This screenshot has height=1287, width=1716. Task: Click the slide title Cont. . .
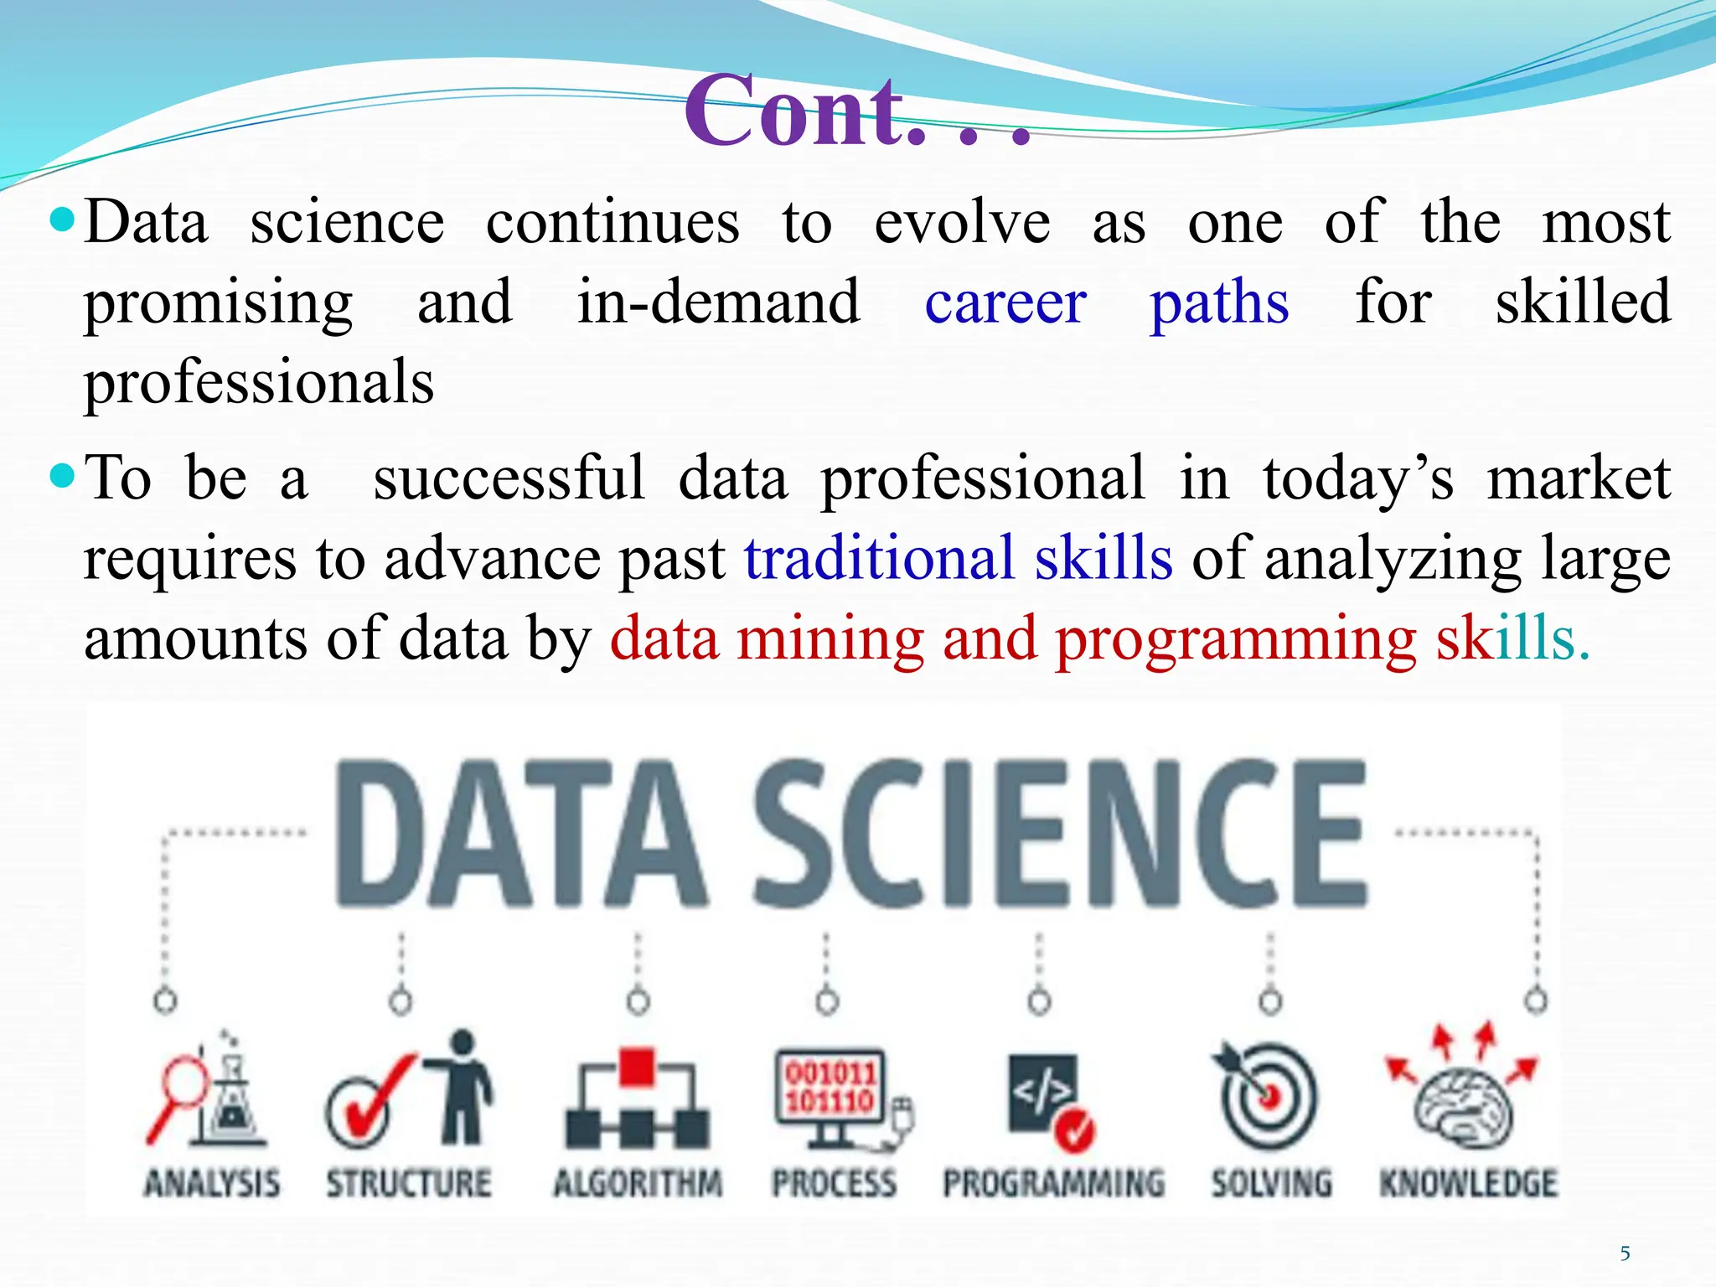(855, 111)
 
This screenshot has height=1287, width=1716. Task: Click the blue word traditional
(879, 559)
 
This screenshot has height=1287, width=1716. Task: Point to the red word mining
(830, 638)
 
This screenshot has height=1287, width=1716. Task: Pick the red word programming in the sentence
(1235, 640)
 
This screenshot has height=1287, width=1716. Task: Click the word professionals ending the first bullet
(259, 382)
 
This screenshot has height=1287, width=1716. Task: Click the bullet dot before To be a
(63, 477)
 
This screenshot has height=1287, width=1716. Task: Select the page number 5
(1625, 1253)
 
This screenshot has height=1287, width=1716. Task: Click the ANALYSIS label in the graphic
(212, 1183)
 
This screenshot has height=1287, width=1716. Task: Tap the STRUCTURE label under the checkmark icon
(409, 1183)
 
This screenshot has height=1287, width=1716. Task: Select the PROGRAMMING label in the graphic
(1053, 1183)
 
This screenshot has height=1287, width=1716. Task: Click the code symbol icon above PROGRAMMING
(1042, 1093)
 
